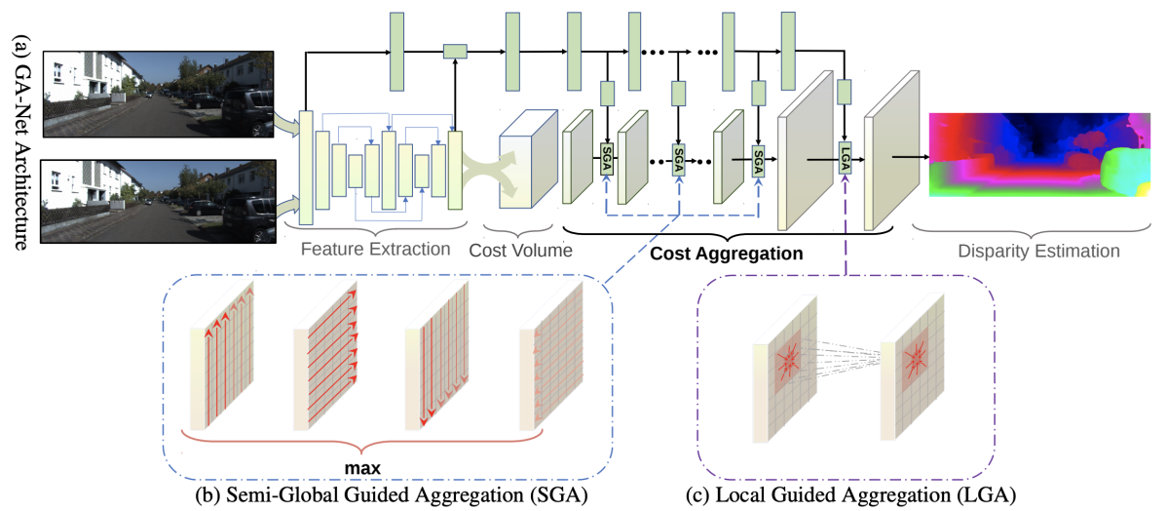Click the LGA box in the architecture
pyautogui.click(x=845, y=159)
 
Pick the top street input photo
pyautogui.click(x=160, y=94)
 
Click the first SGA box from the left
pyautogui.click(x=608, y=159)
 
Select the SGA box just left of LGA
pyautogui.click(x=759, y=159)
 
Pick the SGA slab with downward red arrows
pyautogui.click(x=440, y=355)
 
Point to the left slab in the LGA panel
pyautogui.click(x=790, y=368)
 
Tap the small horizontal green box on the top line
pyautogui.click(x=455, y=52)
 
